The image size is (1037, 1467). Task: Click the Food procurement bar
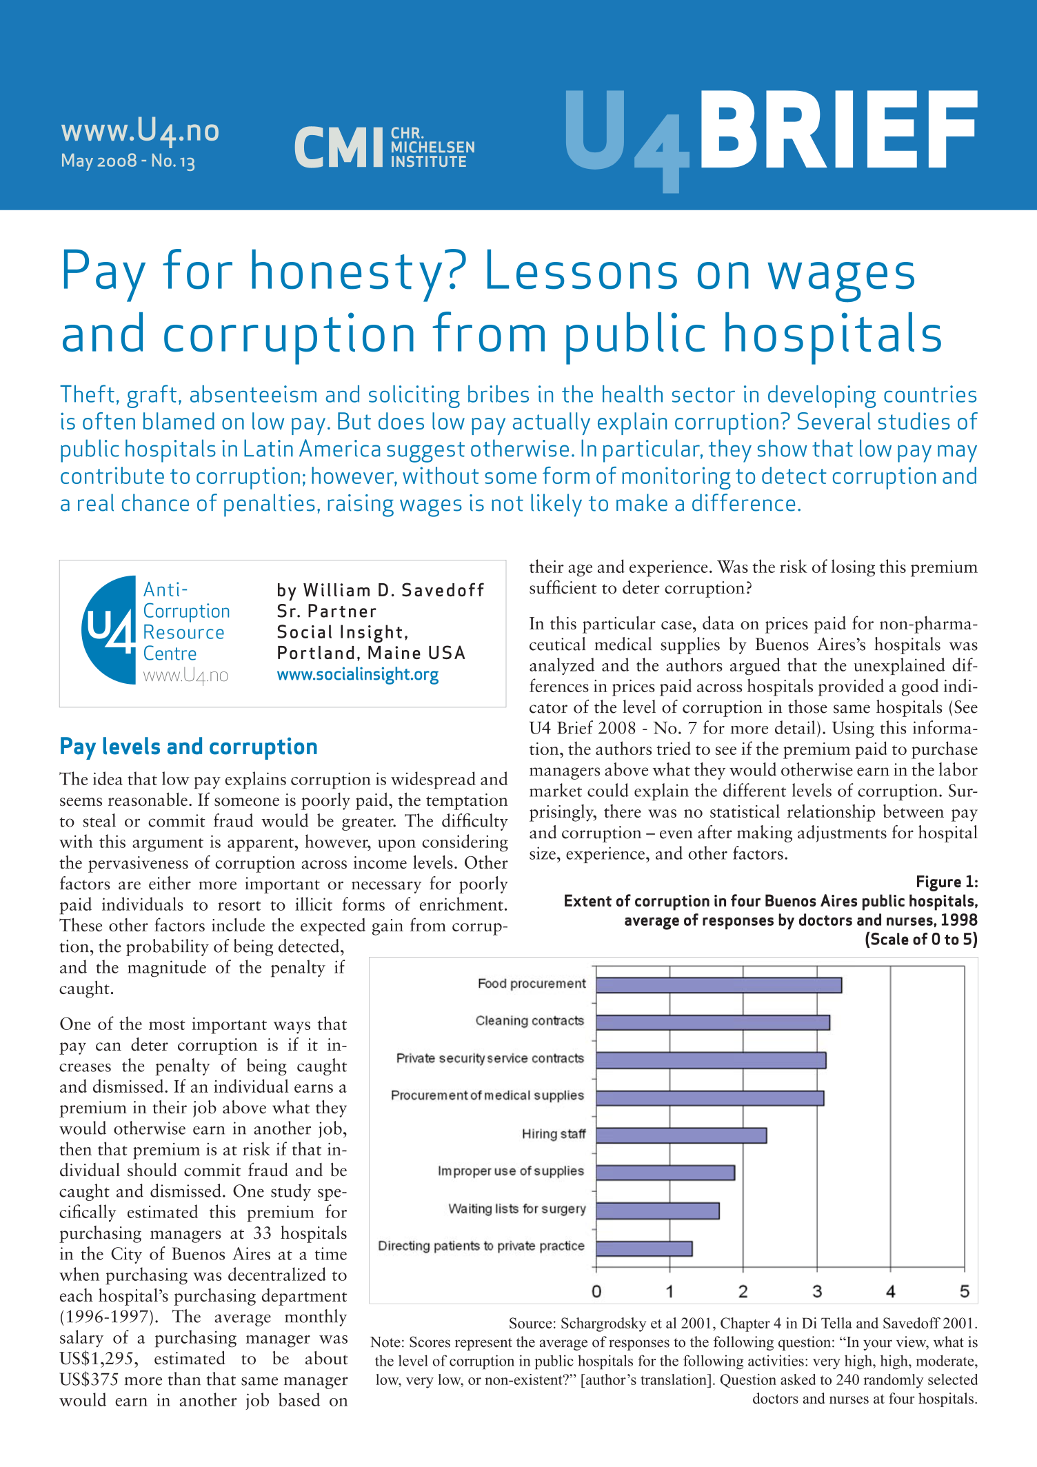coord(718,985)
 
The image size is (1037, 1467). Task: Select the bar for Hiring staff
coord(681,1135)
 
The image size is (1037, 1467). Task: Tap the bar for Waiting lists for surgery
coord(658,1211)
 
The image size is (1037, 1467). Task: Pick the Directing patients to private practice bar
coord(644,1248)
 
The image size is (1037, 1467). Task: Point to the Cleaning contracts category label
coord(530,1021)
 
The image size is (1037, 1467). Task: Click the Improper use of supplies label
coord(511,1171)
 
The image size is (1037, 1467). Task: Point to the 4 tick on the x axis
coord(891,1292)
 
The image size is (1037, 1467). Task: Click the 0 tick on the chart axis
coord(596,1292)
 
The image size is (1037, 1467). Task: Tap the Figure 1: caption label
coord(946,882)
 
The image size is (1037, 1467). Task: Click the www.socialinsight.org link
coord(357,674)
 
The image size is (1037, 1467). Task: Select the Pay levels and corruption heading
coord(188,747)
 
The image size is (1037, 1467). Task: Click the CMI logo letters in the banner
coord(338,148)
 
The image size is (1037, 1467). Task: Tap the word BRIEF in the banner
coord(838,131)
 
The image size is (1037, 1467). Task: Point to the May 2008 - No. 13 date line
coord(128,161)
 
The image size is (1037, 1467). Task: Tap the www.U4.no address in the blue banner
coord(140,130)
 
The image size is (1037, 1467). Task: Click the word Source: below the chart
coord(532,1323)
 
